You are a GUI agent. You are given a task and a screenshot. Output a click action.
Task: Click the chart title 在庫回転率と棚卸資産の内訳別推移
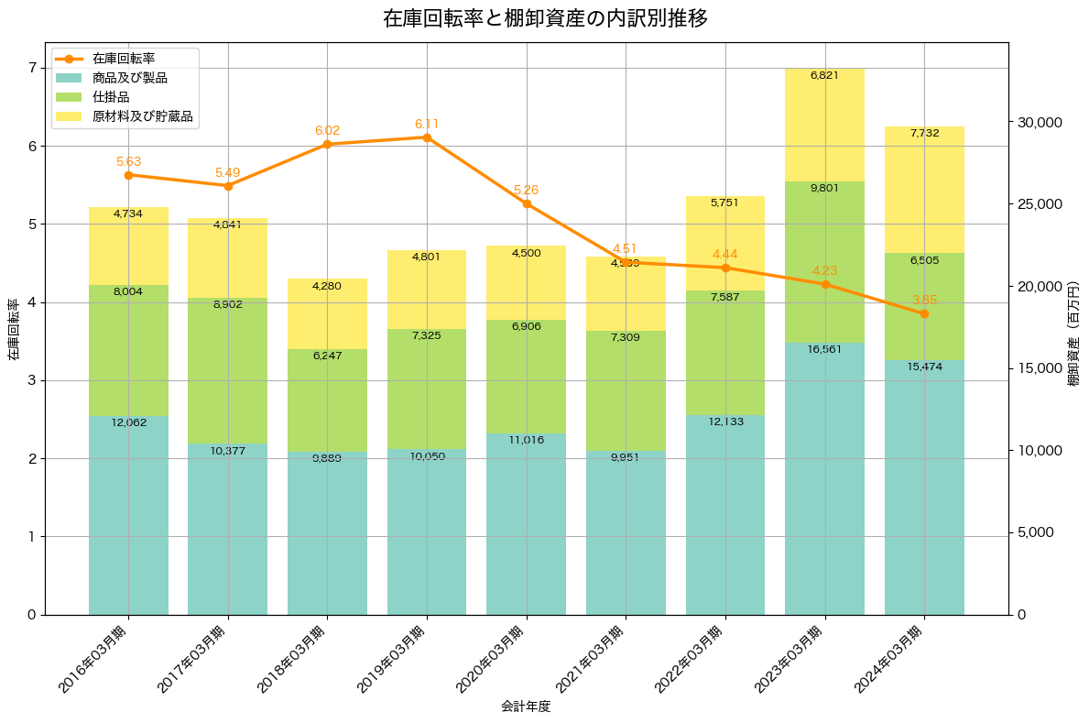point(545,18)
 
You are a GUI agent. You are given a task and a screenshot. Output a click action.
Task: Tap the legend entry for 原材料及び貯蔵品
point(142,116)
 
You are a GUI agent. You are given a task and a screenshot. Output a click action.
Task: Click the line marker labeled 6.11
point(427,137)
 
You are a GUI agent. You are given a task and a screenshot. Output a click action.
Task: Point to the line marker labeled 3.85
point(924,313)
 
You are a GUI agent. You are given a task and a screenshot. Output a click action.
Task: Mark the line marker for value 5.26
point(527,203)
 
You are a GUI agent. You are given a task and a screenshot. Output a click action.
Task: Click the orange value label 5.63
point(128,162)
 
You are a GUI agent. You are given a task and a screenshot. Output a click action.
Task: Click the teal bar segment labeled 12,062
point(128,513)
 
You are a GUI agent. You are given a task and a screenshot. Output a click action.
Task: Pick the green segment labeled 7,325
point(427,389)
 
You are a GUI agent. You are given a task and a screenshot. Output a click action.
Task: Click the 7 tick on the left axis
point(31,68)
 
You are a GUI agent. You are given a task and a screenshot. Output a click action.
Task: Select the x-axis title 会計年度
point(526,707)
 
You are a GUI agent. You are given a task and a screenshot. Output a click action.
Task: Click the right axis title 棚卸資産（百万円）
point(1074,328)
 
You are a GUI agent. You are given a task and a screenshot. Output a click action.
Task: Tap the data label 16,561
point(824,349)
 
